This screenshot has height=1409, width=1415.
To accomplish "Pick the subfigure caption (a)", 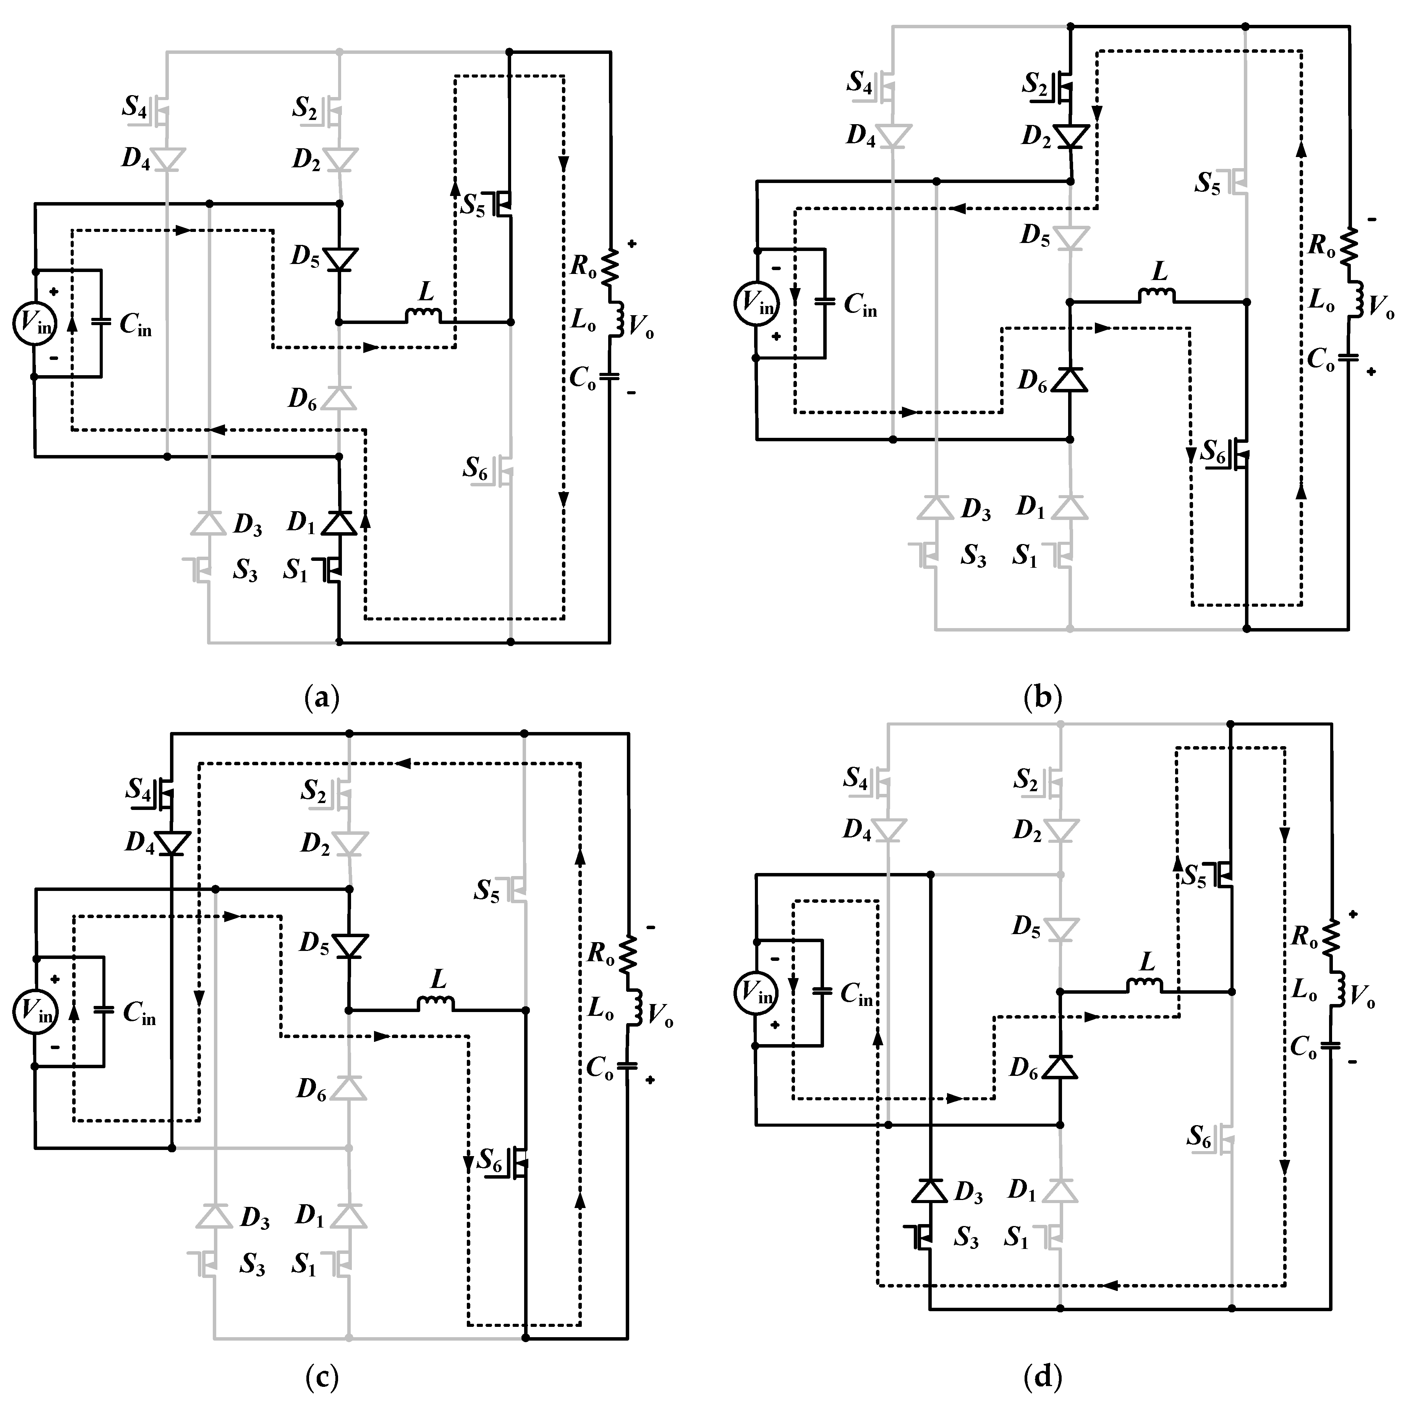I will (322, 696).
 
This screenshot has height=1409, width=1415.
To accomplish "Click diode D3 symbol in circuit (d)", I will (930, 1192).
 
